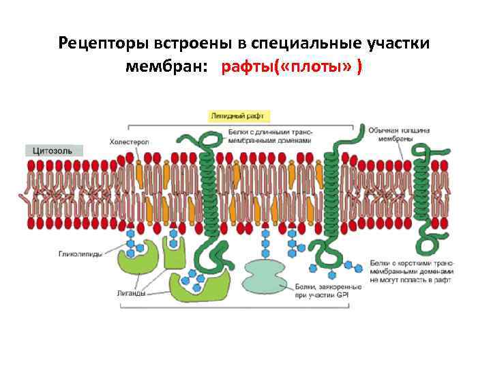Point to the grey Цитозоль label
click(x=54, y=150)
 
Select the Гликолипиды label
click(x=78, y=254)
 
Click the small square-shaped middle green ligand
click(x=174, y=255)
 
